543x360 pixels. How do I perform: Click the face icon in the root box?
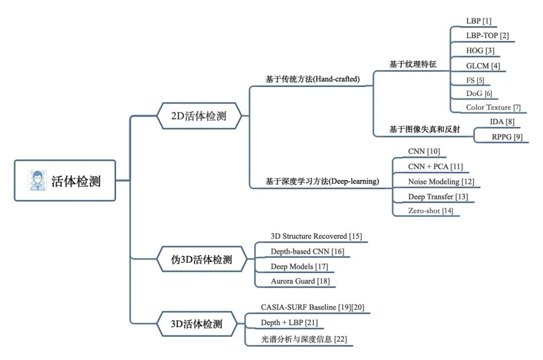37,181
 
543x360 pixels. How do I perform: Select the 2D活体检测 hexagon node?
199,116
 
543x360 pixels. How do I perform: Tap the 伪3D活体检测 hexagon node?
202,259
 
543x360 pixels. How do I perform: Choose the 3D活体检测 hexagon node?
197,324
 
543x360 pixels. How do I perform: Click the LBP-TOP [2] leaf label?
487,36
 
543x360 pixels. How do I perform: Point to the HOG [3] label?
480,51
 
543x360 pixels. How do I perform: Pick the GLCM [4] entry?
483,66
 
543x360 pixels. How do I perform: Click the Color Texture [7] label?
493,107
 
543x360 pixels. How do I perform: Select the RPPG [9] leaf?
507,137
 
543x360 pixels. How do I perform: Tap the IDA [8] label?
502,122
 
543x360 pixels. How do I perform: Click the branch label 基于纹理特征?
412,64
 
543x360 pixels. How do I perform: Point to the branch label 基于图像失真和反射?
424,129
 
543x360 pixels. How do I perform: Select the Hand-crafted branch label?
312,79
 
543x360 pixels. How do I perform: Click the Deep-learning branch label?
322,182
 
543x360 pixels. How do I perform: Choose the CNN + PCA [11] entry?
435,167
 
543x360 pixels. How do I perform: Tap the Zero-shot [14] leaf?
430,211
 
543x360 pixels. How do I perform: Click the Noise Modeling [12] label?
441,182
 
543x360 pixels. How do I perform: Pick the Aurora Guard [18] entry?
300,281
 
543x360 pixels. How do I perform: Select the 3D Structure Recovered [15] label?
316,236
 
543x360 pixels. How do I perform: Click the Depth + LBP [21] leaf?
289,323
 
